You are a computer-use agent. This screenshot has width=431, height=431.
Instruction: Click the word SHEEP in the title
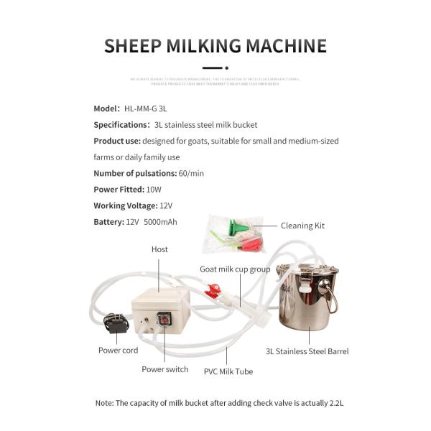point(133,46)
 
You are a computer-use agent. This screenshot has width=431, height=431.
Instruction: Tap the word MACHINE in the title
point(285,46)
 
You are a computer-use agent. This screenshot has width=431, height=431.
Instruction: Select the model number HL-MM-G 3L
point(146,108)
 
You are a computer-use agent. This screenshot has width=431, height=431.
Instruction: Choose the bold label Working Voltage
point(125,206)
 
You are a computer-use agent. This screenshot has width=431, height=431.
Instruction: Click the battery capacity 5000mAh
point(160,223)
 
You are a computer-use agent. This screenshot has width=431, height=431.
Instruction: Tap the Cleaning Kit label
point(302,226)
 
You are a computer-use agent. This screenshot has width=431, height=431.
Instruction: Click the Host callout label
point(159,249)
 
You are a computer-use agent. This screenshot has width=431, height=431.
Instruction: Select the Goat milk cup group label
point(235,269)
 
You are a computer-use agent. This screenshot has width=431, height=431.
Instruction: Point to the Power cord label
point(119,351)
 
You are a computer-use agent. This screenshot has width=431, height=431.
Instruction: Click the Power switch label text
point(164,369)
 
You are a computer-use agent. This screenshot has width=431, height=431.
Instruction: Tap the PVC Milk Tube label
point(228,371)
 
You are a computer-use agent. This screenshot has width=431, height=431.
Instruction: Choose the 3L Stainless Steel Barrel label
point(307,351)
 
